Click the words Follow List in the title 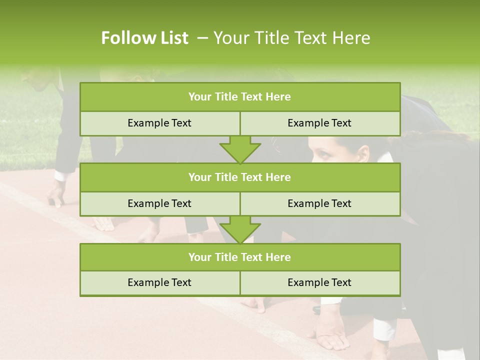coord(144,38)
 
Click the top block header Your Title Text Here coord(239,97)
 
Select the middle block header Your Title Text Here coord(239,177)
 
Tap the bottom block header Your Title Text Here coord(239,257)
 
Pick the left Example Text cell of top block coord(159,123)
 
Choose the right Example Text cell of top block coord(319,123)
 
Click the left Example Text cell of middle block coord(159,203)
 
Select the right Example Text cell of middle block coord(319,203)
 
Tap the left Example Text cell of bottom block coord(159,282)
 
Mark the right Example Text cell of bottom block coord(319,282)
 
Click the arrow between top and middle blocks coord(240,149)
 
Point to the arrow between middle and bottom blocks coord(240,229)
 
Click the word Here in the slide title coord(352,38)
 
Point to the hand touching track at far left coord(56,198)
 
